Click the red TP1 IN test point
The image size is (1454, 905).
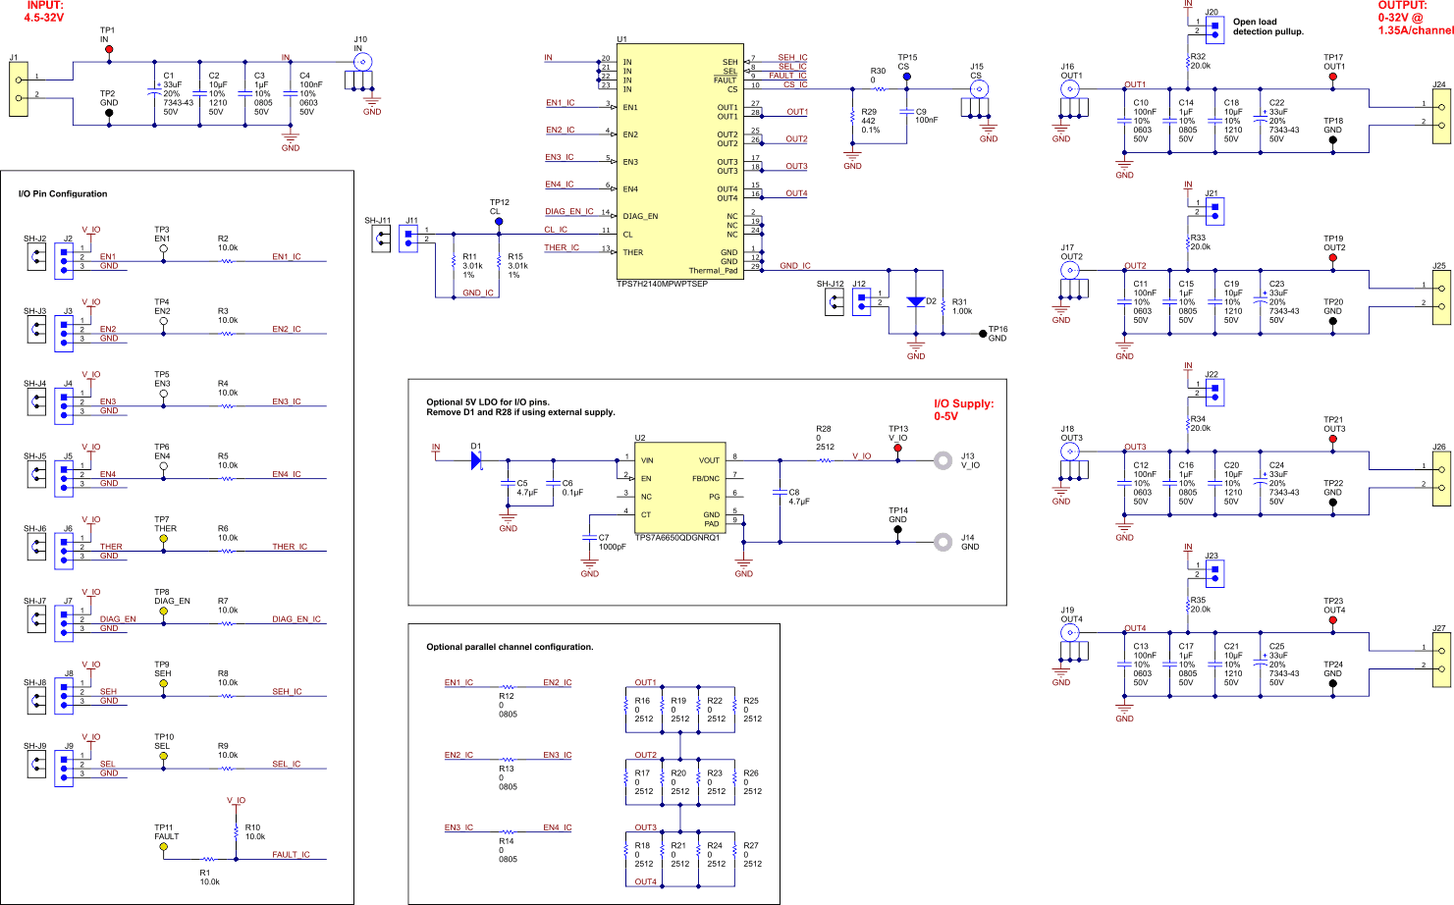[108, 49]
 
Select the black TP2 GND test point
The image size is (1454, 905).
[108, 112]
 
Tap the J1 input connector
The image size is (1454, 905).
[18, 89]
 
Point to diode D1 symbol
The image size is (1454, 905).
[477, 460]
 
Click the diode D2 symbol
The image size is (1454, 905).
[915, 302]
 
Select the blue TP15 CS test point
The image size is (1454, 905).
[906, 76]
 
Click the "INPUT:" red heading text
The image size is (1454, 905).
[44, 6]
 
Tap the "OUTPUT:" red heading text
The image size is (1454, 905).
[1402, 6]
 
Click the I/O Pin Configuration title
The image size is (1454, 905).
[63, 193]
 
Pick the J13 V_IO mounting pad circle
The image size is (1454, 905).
[942, 459]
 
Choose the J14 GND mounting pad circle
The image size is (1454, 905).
[942, 541]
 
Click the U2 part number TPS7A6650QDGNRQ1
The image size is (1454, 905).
[676, 537]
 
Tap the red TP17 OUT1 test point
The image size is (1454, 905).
[1332, 76]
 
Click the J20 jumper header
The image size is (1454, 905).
[1214, 27]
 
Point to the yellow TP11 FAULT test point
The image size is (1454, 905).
[163, 846]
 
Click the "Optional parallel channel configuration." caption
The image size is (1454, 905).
[510, 647]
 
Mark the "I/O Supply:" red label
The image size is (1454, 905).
[963, 403]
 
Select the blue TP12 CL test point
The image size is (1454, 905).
[499, 222]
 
